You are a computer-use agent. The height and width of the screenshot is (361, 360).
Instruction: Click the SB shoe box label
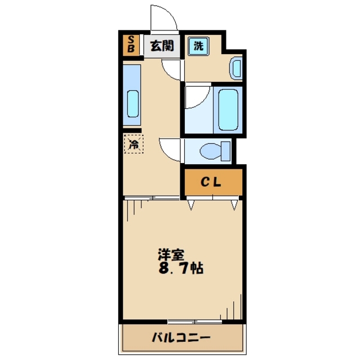[x=131, y=45]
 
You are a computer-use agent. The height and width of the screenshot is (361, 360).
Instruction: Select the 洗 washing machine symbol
[x=198, y=46]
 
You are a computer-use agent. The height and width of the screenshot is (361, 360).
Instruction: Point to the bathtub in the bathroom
[x=229, y=109]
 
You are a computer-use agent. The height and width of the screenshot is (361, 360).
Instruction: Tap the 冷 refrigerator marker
[x=134, y=144]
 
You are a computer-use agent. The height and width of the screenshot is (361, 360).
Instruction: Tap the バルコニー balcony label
[x=181, y=338]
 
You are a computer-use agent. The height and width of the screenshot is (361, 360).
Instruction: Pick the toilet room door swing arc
[x=169, y=148]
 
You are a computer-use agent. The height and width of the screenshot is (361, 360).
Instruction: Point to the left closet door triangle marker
[x=192, y=204]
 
